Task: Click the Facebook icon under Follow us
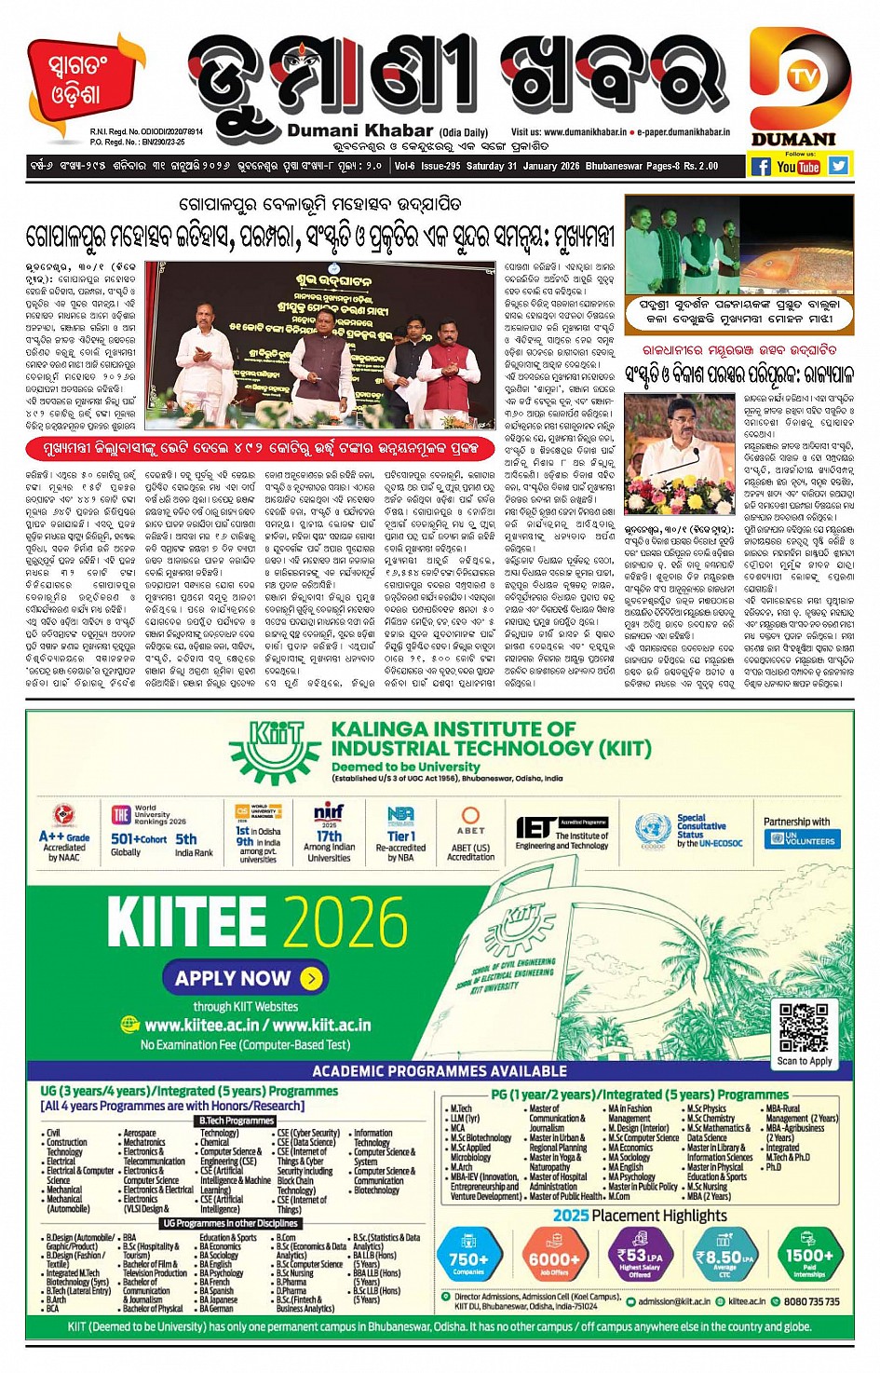pos(760,167)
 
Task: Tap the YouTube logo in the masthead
pos(798,167)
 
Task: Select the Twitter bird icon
pos(839,166)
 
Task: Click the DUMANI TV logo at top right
pos(800,88)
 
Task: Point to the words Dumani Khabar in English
pos(359,131)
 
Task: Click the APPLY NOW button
pos(247,978)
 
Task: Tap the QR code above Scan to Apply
pos(804,1027)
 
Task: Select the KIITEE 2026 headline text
pos(257,921)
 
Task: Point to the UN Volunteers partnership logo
pos(802,838)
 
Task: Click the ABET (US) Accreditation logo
pos(470,834)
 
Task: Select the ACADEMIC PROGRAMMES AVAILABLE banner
pos(440,1071)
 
